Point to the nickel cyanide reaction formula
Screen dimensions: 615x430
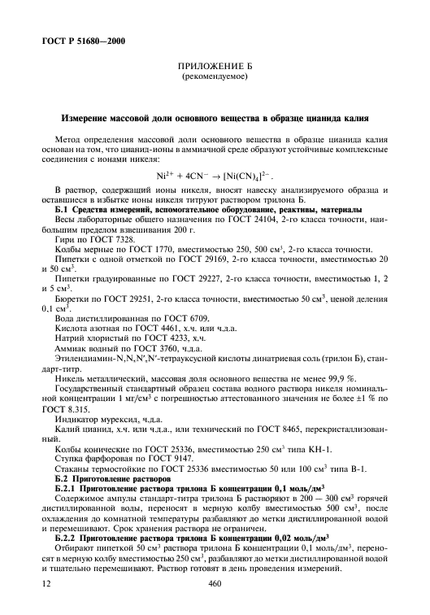(215, 176)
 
